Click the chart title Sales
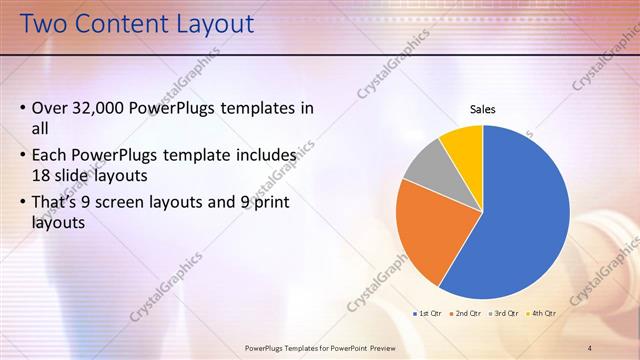tap(483, 110)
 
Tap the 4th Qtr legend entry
tap(543, 314)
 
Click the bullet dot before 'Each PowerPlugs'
tap(23, 156)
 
